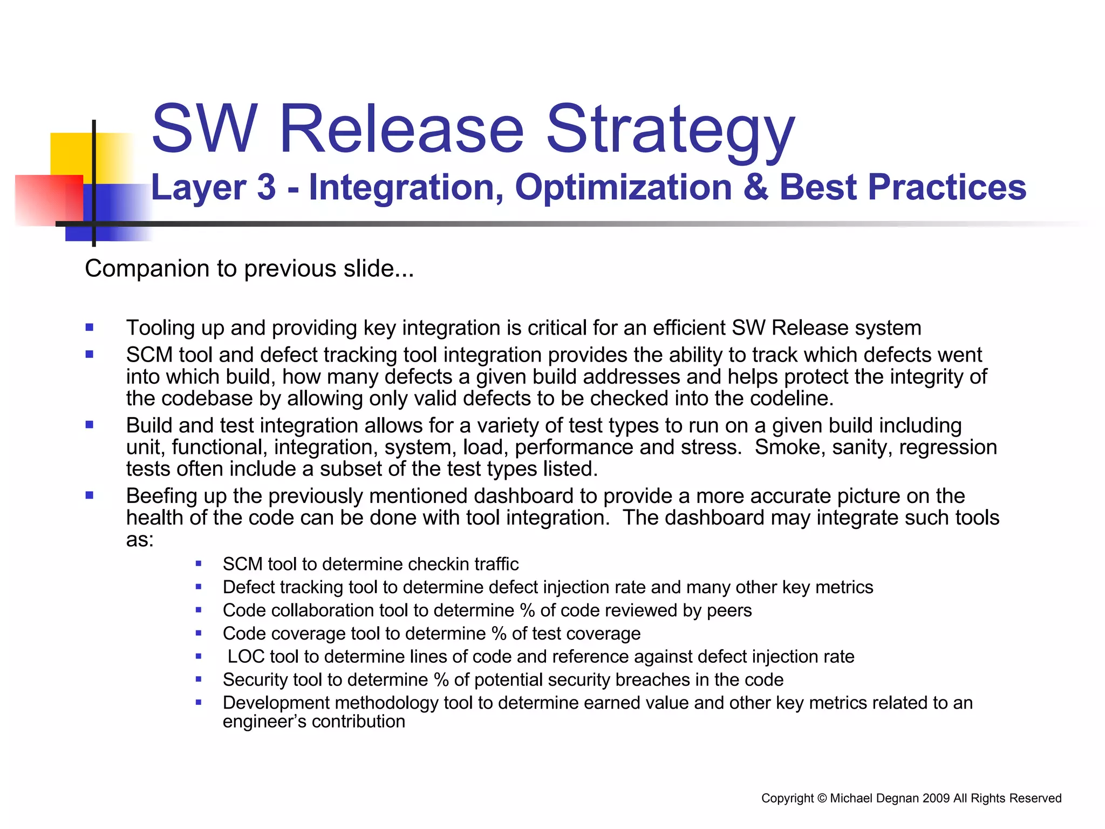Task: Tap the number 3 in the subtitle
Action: tap(267, 187)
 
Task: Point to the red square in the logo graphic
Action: tap(43, 200)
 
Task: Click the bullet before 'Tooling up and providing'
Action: tap(90, 327)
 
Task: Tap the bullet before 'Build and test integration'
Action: tap(90, 425)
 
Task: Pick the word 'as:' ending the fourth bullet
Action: tap(140, 540)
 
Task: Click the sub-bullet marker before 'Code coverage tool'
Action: tap(199, 633)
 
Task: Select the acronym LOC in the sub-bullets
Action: tap(245, 656)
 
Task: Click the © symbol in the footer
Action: tap(822, 798)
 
